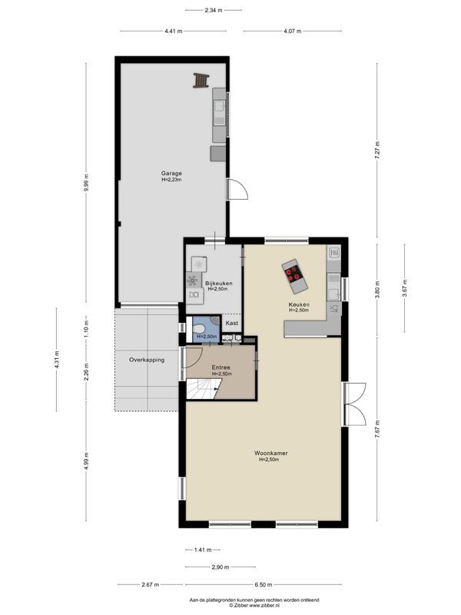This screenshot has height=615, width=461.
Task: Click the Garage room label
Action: point(171,173)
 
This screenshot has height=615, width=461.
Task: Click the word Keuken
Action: point(299,305)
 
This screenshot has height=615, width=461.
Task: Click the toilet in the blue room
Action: point(201,329)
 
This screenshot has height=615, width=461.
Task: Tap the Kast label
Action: point(231,323)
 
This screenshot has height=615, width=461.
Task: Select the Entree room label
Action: point(221,367)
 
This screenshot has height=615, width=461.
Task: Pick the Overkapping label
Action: point(146,359)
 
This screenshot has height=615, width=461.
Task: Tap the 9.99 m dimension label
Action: point(87,184)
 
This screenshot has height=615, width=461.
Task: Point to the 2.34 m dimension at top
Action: point(213,10)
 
